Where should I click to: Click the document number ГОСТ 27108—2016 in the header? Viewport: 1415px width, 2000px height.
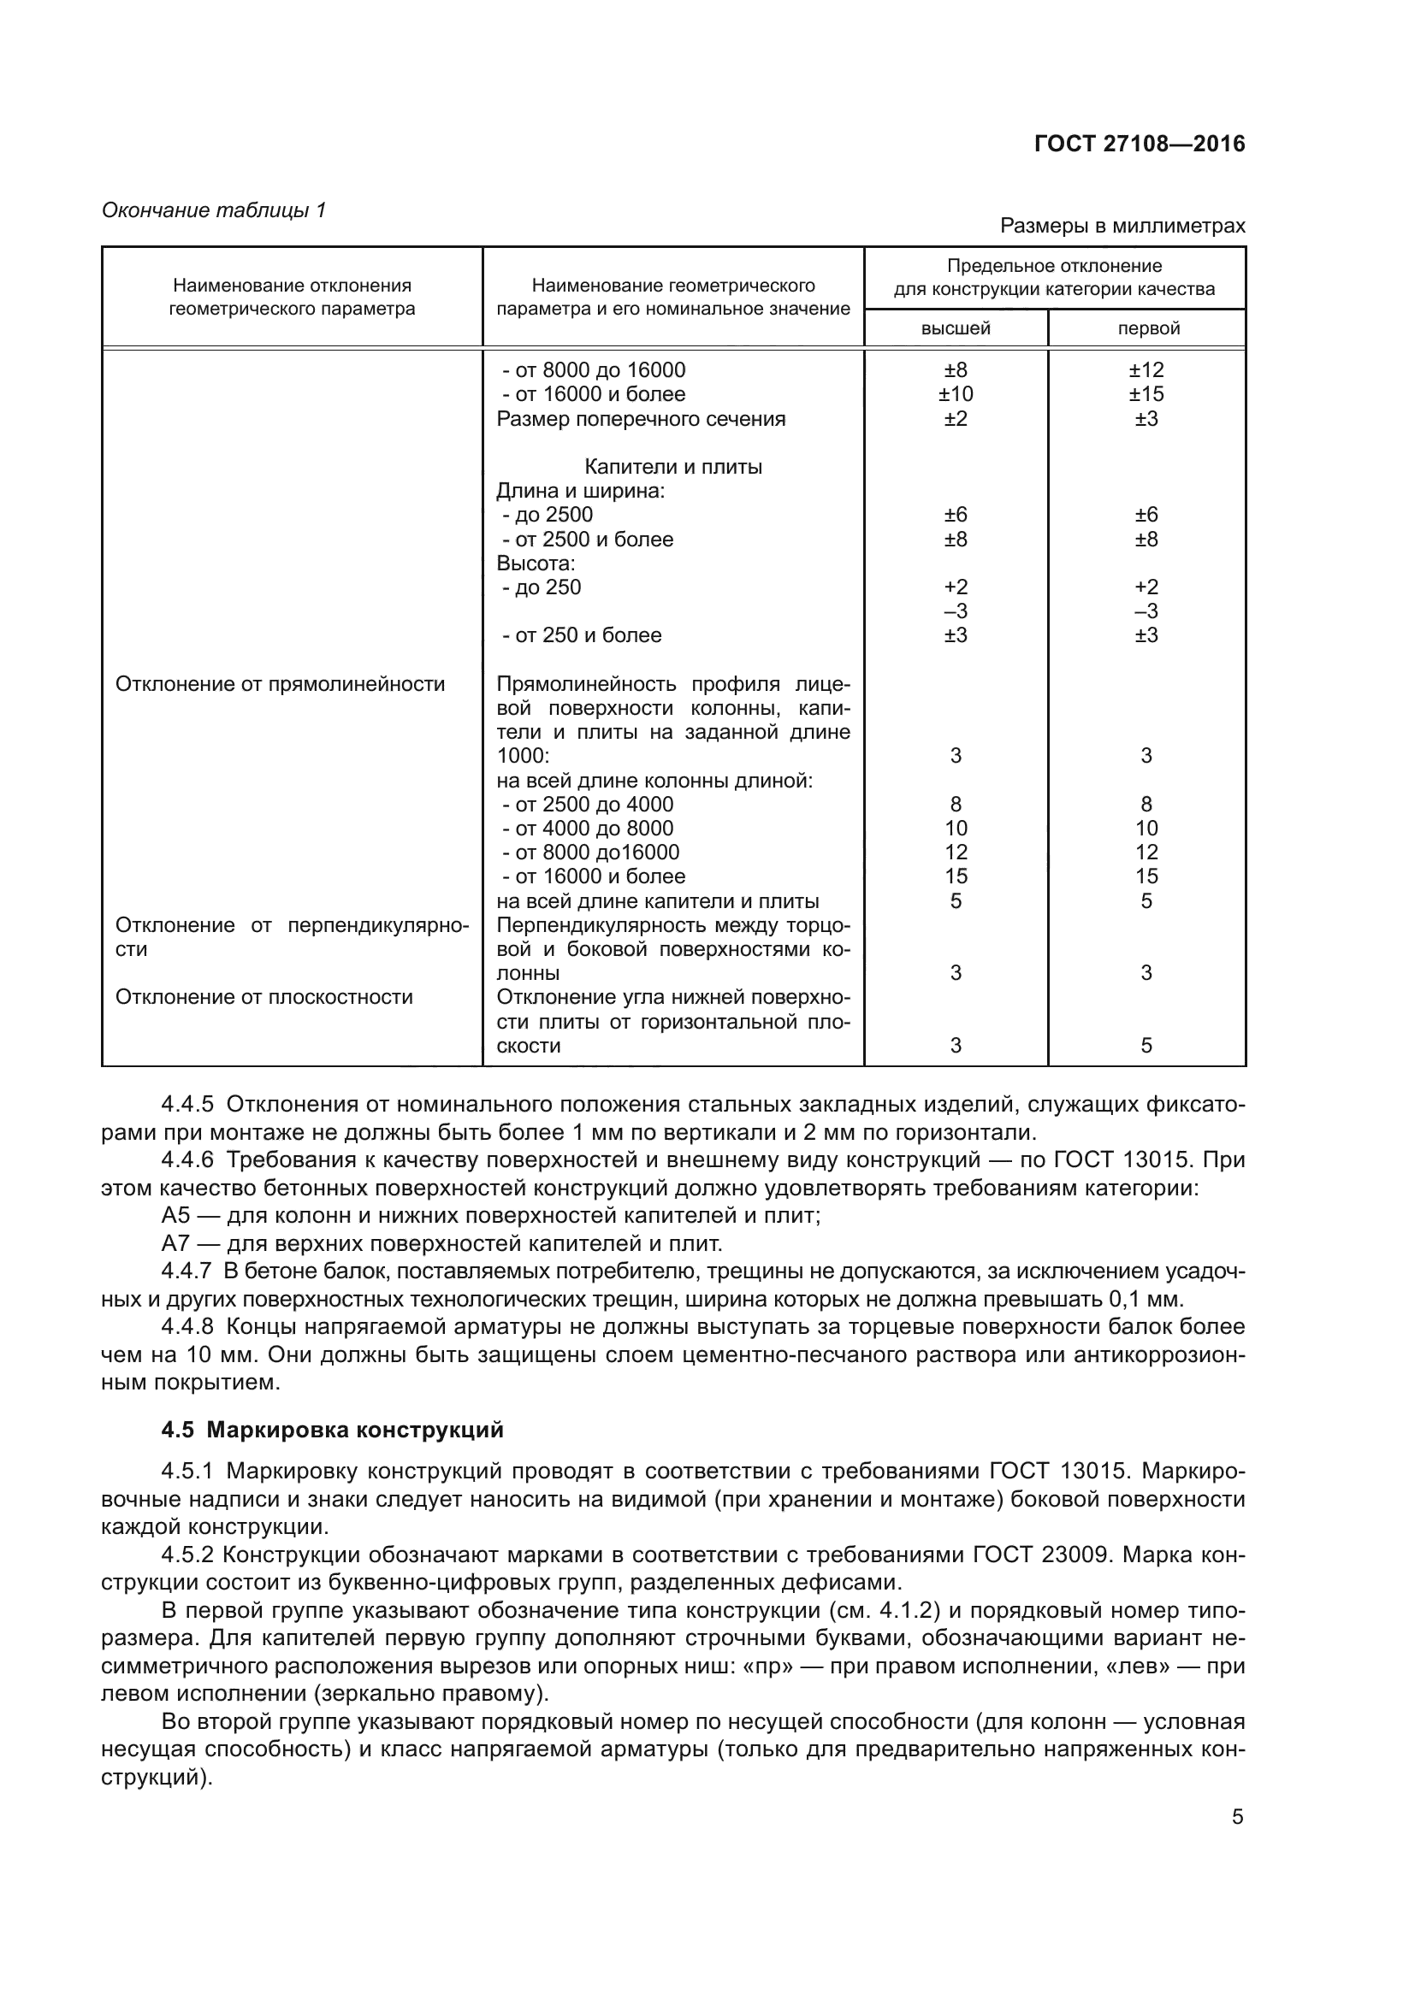point(1139,144)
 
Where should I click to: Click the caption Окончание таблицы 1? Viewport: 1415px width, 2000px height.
point(214,210)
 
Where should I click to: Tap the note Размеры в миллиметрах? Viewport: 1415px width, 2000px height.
point(1122,226)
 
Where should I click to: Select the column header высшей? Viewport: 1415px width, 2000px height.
point(955,328)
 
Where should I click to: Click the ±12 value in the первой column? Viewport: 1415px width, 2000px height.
point(1146,369)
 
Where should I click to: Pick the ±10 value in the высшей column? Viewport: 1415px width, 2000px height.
point(955,393)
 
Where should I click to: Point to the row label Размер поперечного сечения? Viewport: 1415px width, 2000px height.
point(641,419)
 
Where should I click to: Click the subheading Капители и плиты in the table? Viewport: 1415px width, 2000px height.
point(672,467)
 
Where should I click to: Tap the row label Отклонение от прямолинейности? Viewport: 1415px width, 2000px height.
point(280,684)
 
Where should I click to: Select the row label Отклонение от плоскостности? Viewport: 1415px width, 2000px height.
point(264,996)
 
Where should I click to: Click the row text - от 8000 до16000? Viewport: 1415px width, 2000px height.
point(591,852)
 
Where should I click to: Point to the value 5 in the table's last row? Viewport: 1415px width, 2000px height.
point(1146,1045)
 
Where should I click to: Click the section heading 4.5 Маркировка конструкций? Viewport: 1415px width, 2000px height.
point(332,1431)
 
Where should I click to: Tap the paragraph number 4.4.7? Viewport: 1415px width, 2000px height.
point(186,1271)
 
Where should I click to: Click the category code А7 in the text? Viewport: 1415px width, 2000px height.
point(175,1243)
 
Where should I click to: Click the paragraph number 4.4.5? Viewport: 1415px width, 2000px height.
point(186,1105)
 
